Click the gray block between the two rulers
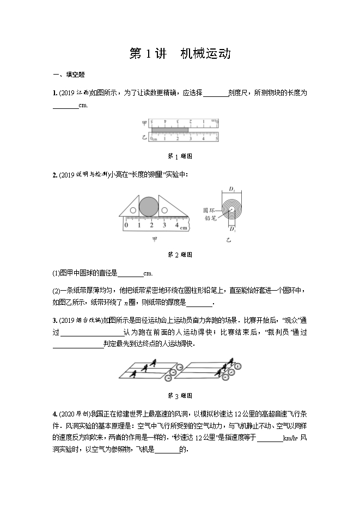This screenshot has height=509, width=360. [x=170, y=130]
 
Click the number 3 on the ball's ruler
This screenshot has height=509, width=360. [x=164, y=224]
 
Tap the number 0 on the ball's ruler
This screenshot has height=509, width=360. [x=126, y=224]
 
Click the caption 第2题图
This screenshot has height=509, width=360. [x=180, y=255]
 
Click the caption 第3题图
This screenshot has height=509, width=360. [x=180, y=396]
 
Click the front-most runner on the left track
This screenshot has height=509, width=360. [x=155, y=361]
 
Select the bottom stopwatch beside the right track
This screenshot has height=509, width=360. [x=224, y=377]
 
